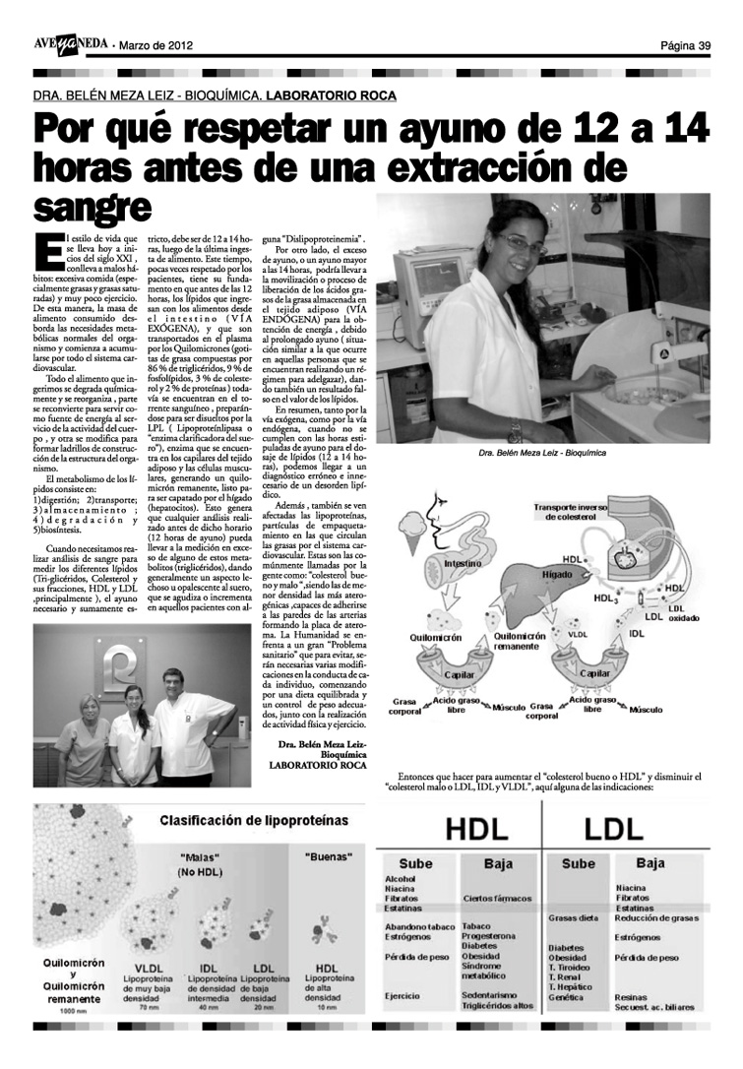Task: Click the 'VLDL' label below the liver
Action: tap(578, 635)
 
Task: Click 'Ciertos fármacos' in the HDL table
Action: tap(496, 898)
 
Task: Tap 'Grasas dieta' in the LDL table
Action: tap(573, 917)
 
